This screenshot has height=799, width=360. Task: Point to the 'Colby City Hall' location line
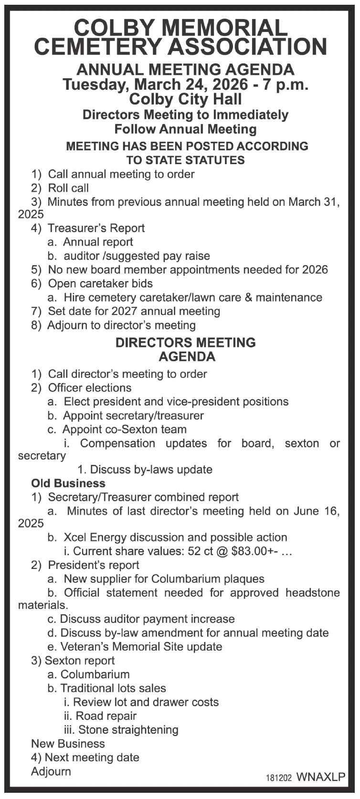185,99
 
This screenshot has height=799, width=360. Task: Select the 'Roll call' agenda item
68,188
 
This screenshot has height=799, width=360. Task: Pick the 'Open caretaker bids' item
100,284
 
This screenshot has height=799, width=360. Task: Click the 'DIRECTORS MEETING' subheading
185,343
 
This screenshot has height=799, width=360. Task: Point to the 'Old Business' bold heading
68,484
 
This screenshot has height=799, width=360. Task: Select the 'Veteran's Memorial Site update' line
141,647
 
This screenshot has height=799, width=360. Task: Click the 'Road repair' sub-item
106,716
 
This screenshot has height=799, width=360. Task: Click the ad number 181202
278,778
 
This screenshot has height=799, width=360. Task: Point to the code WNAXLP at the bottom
320,777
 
